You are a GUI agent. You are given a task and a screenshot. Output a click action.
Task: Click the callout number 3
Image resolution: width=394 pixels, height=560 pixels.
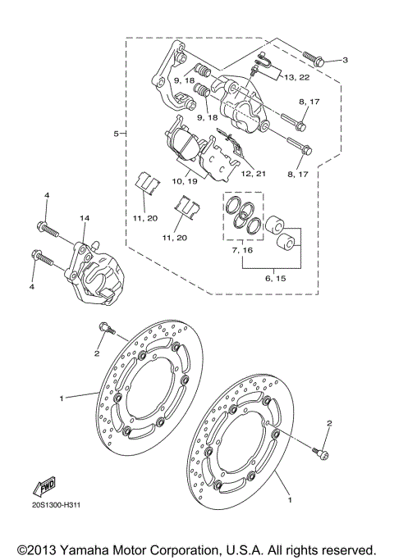tap(346, 60)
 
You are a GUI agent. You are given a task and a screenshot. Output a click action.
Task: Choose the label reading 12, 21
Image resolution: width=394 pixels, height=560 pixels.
tap(253, 174)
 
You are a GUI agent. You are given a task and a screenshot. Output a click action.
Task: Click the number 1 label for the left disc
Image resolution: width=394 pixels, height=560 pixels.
tap(61, 398)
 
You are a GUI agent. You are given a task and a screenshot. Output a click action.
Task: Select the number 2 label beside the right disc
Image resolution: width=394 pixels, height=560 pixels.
tap(330, 423)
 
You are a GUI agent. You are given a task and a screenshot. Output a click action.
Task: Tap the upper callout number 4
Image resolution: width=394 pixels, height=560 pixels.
tap(47, 194)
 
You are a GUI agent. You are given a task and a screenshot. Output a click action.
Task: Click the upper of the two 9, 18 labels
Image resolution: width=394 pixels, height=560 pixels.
tap(184, 81)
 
